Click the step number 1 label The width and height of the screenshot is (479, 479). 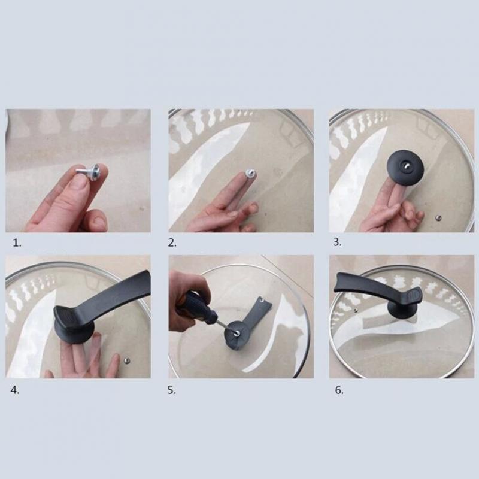(17, 243)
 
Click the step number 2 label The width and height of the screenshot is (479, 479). (172, 243)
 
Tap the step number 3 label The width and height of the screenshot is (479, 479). (337, 242)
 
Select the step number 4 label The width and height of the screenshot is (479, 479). (15, 390)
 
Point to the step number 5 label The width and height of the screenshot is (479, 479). (172, 390)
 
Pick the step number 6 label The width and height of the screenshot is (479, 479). (339, 390)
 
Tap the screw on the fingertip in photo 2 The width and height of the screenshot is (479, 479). (250, 174)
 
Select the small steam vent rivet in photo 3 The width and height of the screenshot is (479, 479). (439, 218)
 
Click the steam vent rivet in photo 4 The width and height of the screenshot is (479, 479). (127, 362)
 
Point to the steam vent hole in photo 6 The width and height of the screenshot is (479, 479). (355, 311)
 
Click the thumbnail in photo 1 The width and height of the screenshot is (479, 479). (80, 183)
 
